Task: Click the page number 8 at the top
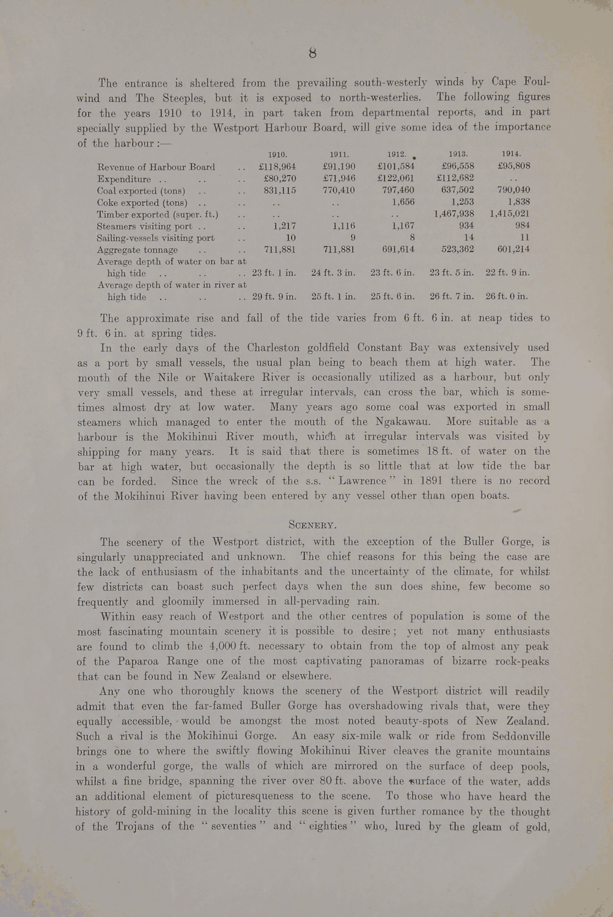[x=313, y=53]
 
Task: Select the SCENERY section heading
[x=313, y=525]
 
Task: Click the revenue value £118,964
[x=277, y=166]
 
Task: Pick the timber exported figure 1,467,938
[x=454, y=214]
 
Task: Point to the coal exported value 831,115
[x=280, y=190]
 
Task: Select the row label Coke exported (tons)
[x=142, y=202]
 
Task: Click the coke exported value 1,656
[x=403, y=202]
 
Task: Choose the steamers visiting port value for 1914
[x=522, y=226]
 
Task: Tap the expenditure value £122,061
[x=396, y=178]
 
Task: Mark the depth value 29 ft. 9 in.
[x=275, y=297]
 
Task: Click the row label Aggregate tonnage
[x=138, y=249]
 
